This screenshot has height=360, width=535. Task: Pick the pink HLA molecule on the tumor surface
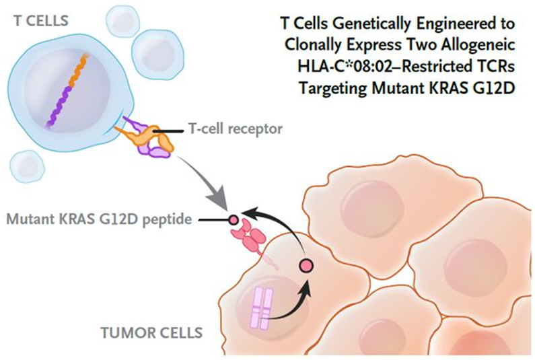tap(250, 236)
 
